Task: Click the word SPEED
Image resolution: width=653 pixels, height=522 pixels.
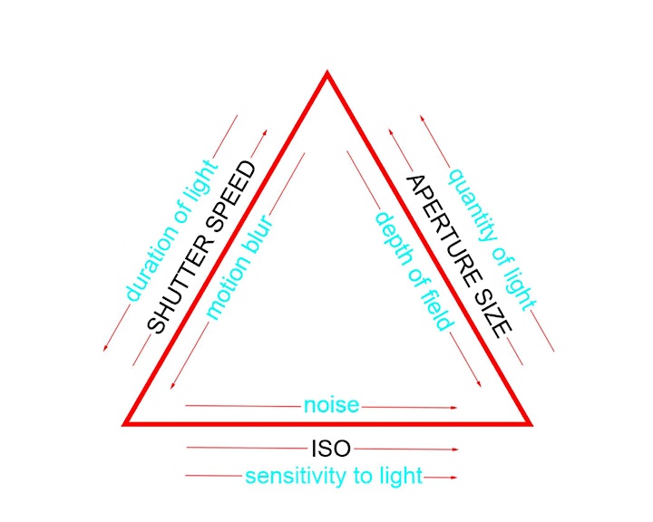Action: pos(231,197)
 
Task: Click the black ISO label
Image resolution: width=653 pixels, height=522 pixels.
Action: pos(331,449)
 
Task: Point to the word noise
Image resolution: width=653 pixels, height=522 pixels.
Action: pos(331,405)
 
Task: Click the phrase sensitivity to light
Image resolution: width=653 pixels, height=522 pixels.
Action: pos(334,476)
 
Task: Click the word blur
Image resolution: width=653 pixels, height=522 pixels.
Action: pos(260,235)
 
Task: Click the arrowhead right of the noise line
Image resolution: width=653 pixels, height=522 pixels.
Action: pos(454,408)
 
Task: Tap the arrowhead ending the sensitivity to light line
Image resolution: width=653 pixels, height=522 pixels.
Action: pos(454,478)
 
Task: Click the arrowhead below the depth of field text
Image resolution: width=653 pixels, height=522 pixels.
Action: pos(480,384)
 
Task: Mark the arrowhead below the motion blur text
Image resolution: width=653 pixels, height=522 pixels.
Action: pos(172,386)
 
